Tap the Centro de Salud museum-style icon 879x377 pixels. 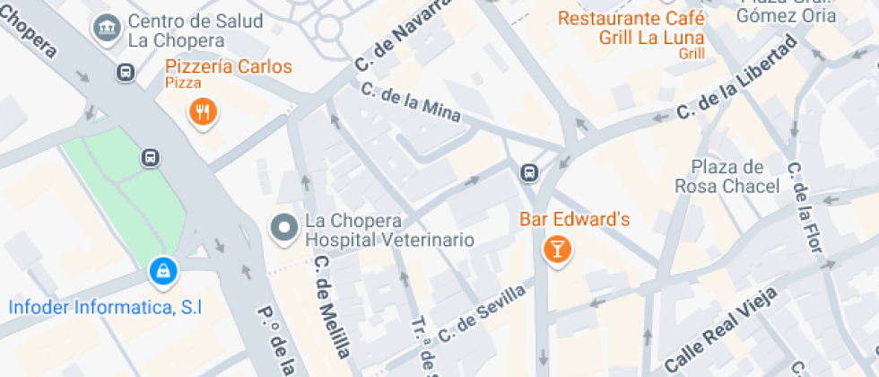tap(108, 28)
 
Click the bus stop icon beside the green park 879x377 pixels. tap(151, 158)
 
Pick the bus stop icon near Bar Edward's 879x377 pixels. tap(531, 171)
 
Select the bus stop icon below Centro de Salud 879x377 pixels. tap(126, 72)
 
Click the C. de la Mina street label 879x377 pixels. tap(411, 101)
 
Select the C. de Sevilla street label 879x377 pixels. tap(482, 314)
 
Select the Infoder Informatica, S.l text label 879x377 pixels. tap(105, 307)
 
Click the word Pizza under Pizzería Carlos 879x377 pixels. tap(183, 83)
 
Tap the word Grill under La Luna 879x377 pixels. tap(692, 54)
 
